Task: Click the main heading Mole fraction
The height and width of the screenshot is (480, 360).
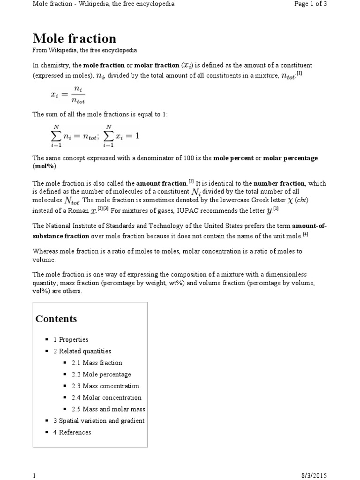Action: tap(74, 38)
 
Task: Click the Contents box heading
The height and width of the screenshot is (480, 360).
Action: tap(56, 319)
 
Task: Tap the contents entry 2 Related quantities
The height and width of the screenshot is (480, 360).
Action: tap(82, 351)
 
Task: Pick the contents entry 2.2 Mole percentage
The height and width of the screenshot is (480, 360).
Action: tap(101, 375)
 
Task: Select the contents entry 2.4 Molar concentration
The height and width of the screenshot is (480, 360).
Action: tap(106, 397)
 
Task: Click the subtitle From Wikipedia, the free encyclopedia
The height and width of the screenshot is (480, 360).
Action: tap(84, 50)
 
